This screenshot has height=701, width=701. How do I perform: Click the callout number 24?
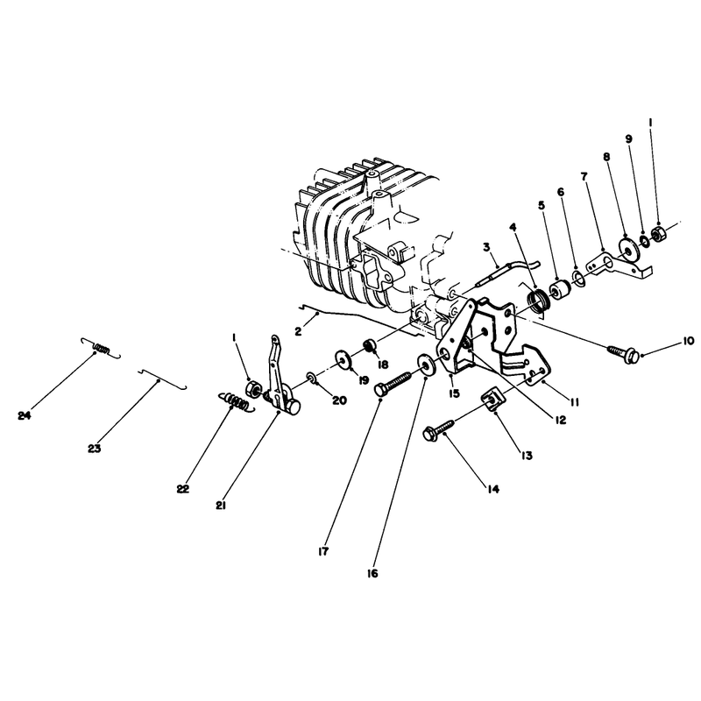pyautogui.click(x=25, y=415)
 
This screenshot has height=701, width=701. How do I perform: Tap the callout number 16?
pyautogui.click(x=372, y=573)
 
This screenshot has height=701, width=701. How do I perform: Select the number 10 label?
pyautogui.click(x=689, y=341)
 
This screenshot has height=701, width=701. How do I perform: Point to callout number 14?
pyautogui.click(x=492, y=490)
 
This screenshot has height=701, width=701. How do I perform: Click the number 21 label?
pyautogui.click(x=221, y=506)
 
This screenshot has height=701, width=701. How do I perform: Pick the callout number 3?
pyautogui.click(x=486, y=247)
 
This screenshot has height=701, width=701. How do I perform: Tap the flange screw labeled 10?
pyautogui.click(x=623, y=353)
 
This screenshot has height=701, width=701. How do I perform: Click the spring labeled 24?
pyautogui.click(x=102, y=347)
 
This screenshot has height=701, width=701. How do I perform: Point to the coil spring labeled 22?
pyautogui.click(x=237, y=400)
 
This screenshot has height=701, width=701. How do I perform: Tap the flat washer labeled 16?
pyautogui.click(x=426, y=365)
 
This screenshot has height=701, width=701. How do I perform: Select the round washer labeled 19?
pyautogui.click(x=343, y=359)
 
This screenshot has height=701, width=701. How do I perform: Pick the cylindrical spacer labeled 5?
pyautogui.click(x=559, y=291)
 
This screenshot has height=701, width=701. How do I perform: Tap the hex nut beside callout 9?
pyautogui.click(x=658, y=233)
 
